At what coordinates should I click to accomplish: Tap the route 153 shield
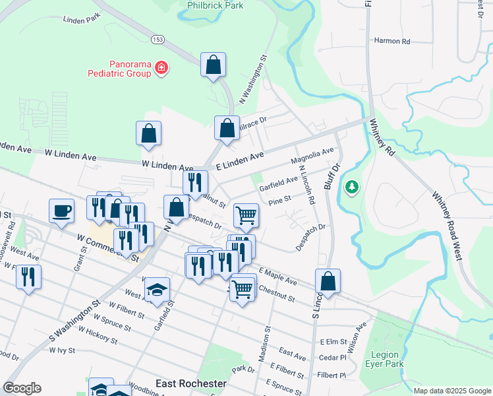tap(158, 39)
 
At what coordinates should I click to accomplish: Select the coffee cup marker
tap(61, 211)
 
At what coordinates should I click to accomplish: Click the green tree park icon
tap(352, 187)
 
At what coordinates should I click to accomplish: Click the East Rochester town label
tap(190, 383)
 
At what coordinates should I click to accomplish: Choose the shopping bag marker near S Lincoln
tap(328, 281)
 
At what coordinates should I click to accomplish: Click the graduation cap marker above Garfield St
tap(156, 289)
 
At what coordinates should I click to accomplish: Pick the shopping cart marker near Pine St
tap(246, 214)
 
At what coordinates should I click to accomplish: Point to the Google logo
tap(22, 388)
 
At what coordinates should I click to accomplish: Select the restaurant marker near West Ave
tap(28, 277)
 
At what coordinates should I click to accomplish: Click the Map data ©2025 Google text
tap(451, 391)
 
